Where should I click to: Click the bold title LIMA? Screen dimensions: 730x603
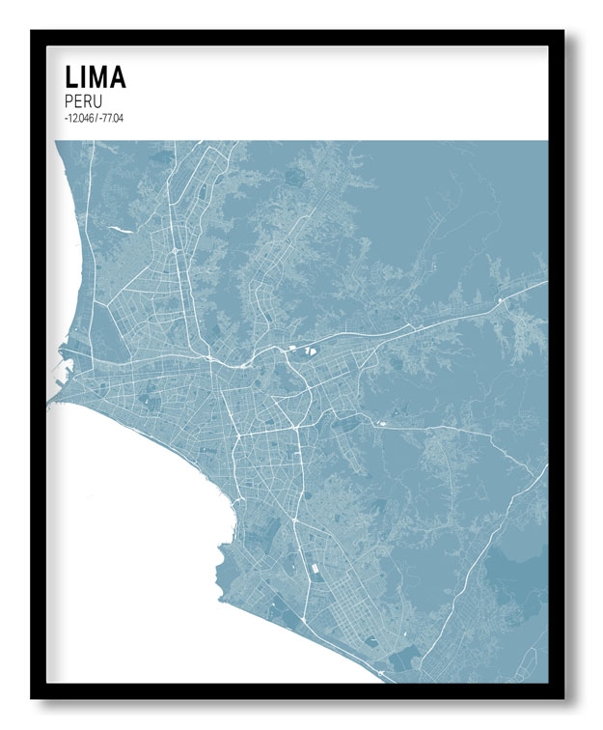[95, 76]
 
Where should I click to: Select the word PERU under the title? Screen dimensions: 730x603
[84, 100]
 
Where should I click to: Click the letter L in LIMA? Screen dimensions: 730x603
[70, 76]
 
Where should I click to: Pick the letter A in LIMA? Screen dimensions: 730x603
[117, 76]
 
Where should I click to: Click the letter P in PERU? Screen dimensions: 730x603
[69, 100]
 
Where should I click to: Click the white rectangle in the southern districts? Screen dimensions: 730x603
[314, 571]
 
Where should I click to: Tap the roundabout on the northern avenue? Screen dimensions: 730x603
[174, 249]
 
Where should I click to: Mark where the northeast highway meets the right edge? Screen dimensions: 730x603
[546, 282]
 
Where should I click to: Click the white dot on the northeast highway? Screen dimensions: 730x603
[501, 300]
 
